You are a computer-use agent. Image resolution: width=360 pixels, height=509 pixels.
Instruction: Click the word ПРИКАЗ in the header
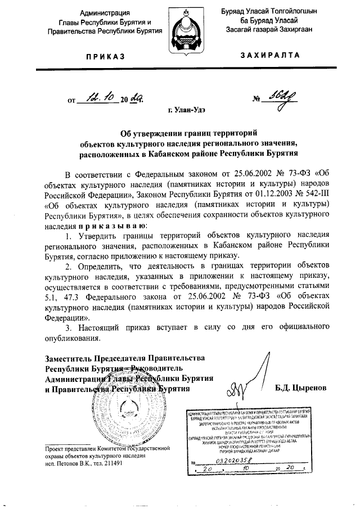106,57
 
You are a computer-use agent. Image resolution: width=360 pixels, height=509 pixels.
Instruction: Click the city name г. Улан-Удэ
186,111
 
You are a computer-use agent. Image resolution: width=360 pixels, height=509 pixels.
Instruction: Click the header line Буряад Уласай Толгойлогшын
269,12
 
